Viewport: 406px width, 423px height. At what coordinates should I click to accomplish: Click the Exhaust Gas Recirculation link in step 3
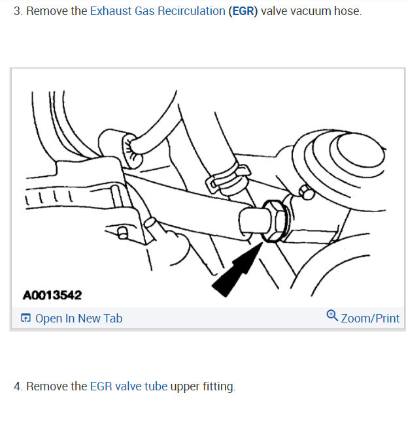[158, 12]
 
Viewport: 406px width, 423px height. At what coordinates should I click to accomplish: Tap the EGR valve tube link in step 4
[129, 386]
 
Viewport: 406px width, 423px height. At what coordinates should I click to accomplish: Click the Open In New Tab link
[78, 319]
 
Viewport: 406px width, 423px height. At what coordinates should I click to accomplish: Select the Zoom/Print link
[370, 319]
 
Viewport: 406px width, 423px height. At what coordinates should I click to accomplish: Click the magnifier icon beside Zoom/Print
[332, 317]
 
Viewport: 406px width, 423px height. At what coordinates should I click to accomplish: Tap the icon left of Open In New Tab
[25, 319]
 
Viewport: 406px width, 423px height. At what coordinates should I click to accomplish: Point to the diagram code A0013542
[52, 295]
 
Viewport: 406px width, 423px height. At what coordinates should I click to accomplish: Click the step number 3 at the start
[18, 12]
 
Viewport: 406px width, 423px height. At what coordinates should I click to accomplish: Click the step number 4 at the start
[18, 386]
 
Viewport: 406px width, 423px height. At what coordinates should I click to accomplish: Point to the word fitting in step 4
[218, 386]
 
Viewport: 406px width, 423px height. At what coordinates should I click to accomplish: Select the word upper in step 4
[185, 386]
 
